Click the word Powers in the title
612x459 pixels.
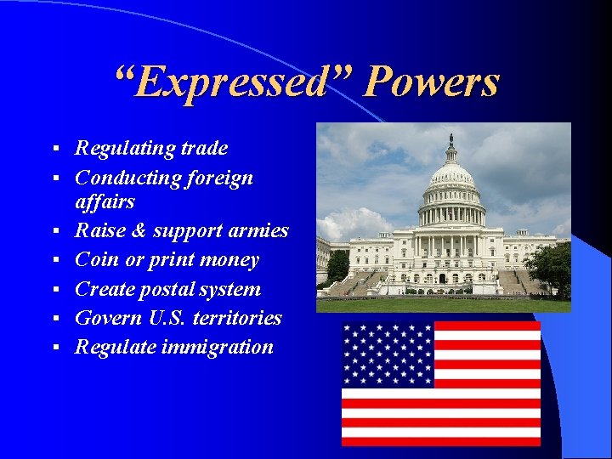tap(431, 83)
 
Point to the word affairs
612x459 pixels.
tap(105, 202)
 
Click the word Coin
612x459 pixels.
tap(96, 260)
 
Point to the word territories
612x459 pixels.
tap(239, 318)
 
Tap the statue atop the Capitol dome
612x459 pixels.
tap(451, 139)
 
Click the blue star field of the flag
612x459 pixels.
tap(388, 354)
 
